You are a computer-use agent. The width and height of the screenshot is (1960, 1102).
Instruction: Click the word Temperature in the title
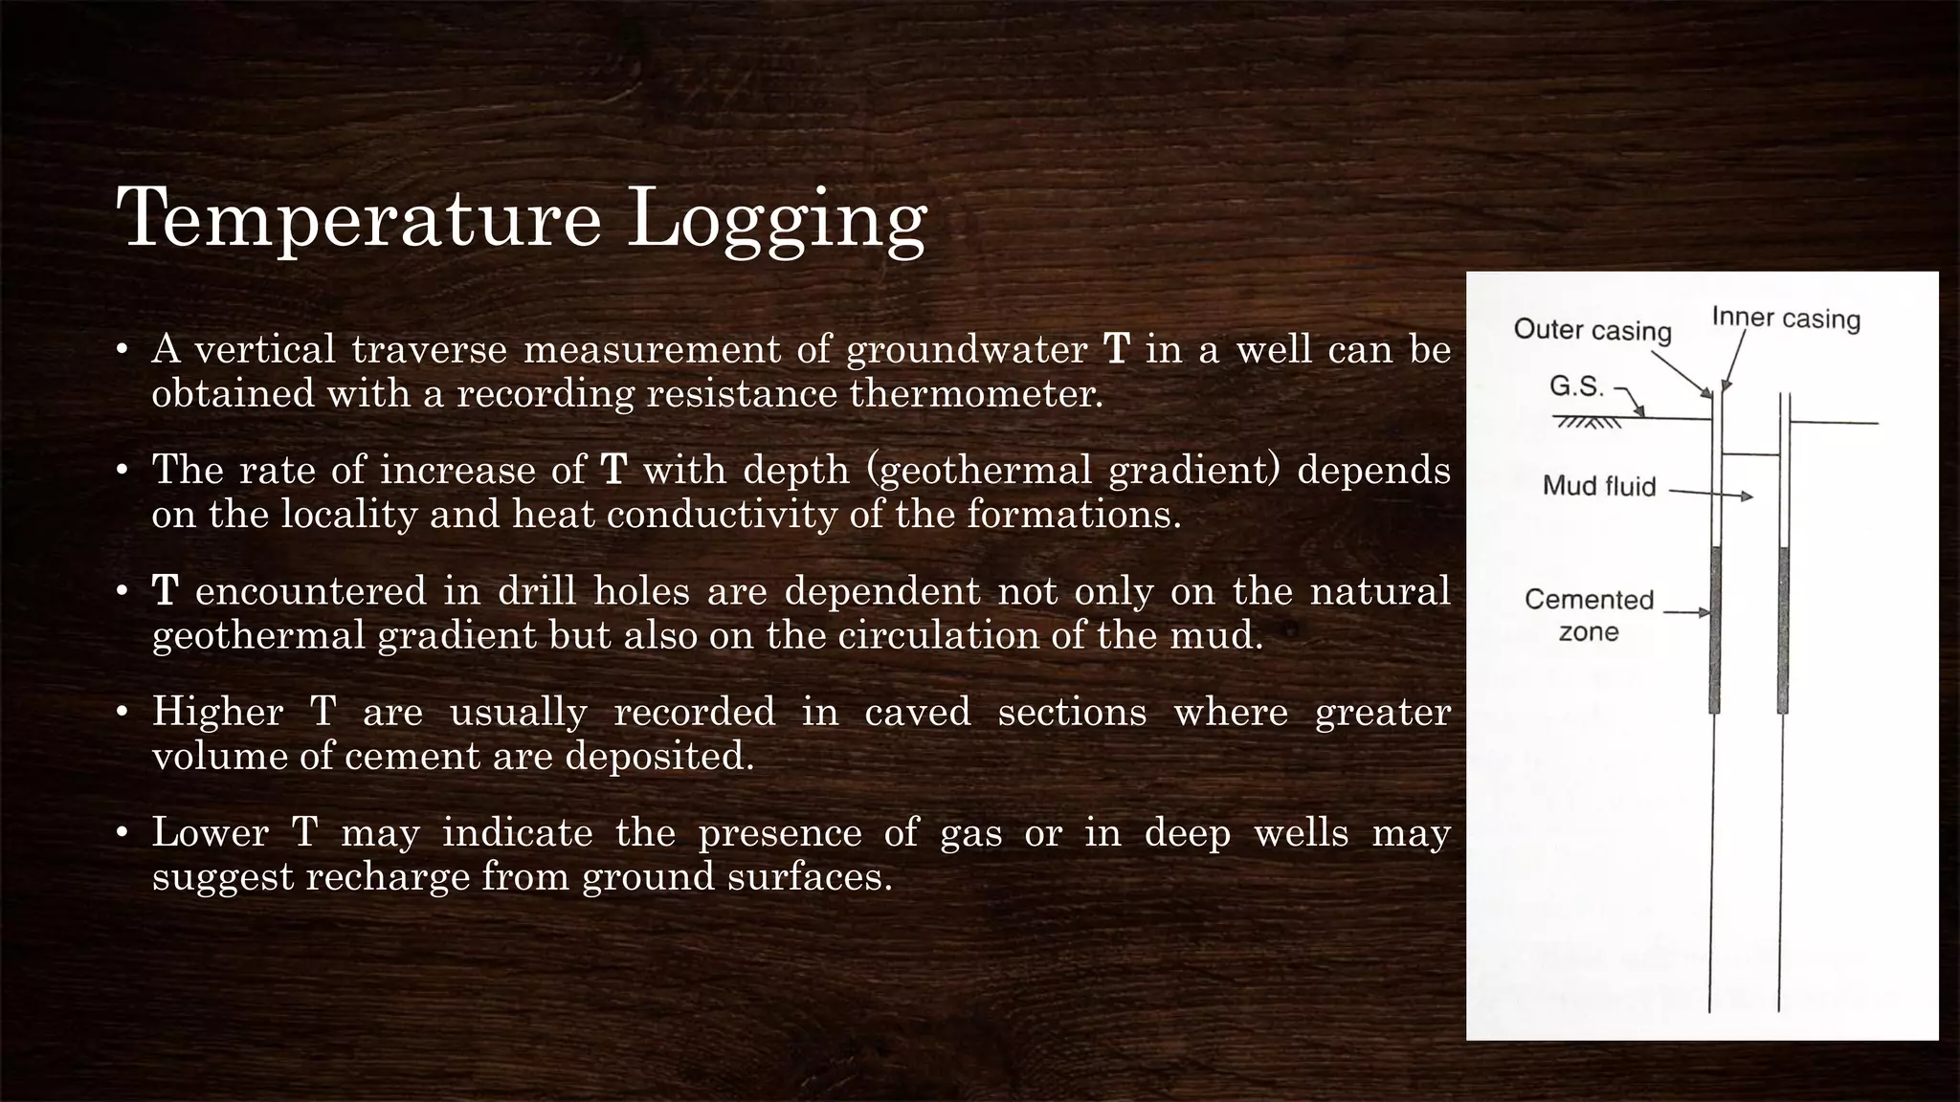point(359,218)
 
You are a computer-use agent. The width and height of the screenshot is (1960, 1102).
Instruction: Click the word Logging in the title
point(776,220)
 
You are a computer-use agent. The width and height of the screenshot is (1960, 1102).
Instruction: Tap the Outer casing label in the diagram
point(1592,330)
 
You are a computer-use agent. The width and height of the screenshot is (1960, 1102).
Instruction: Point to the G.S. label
point(1576,386)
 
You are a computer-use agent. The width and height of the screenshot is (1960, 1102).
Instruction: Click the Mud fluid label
point(1598,486)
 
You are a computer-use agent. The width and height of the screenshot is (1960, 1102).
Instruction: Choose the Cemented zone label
point(1589,615)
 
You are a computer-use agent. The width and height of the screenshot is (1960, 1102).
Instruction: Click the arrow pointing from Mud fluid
point(1713,494)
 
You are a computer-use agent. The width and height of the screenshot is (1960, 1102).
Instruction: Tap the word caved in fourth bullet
point(917,712)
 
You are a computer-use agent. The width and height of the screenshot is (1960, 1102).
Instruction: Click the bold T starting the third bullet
point(166,591)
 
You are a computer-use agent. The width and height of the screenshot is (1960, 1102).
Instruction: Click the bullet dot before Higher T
point(122,713)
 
